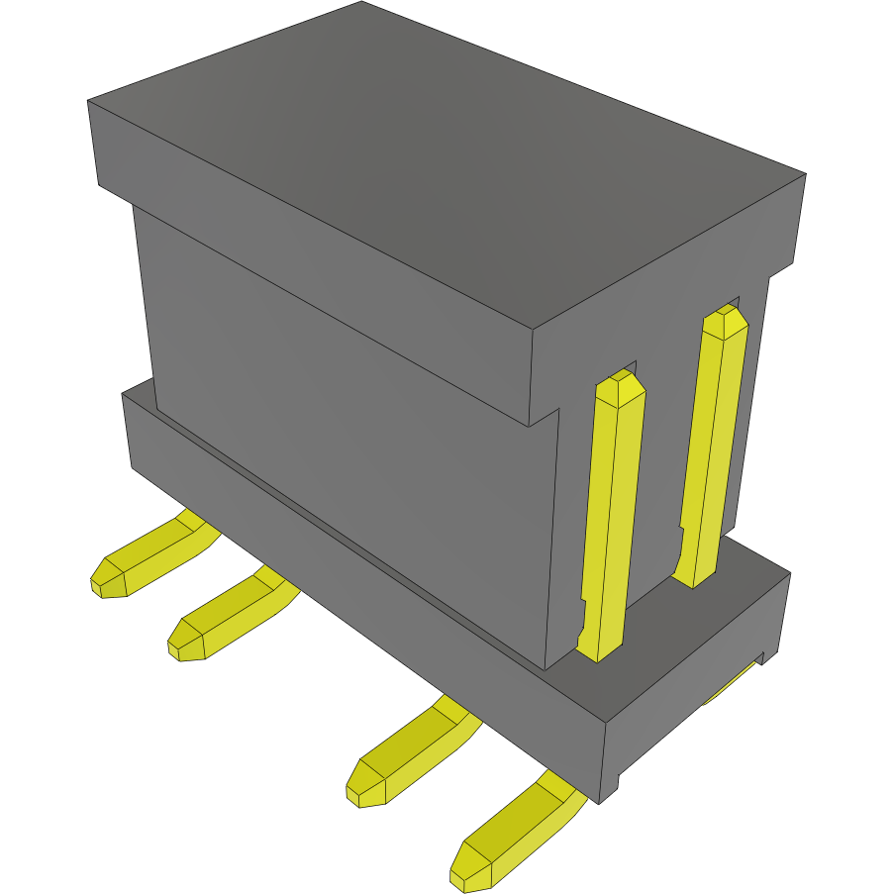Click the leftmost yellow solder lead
click(x=149, y=559)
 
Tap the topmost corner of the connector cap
click(x=361, y=3)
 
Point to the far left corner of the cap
click(x=89, y=101)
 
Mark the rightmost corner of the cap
click(x=807, y=176)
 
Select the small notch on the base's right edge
click(x=763, y=656)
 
